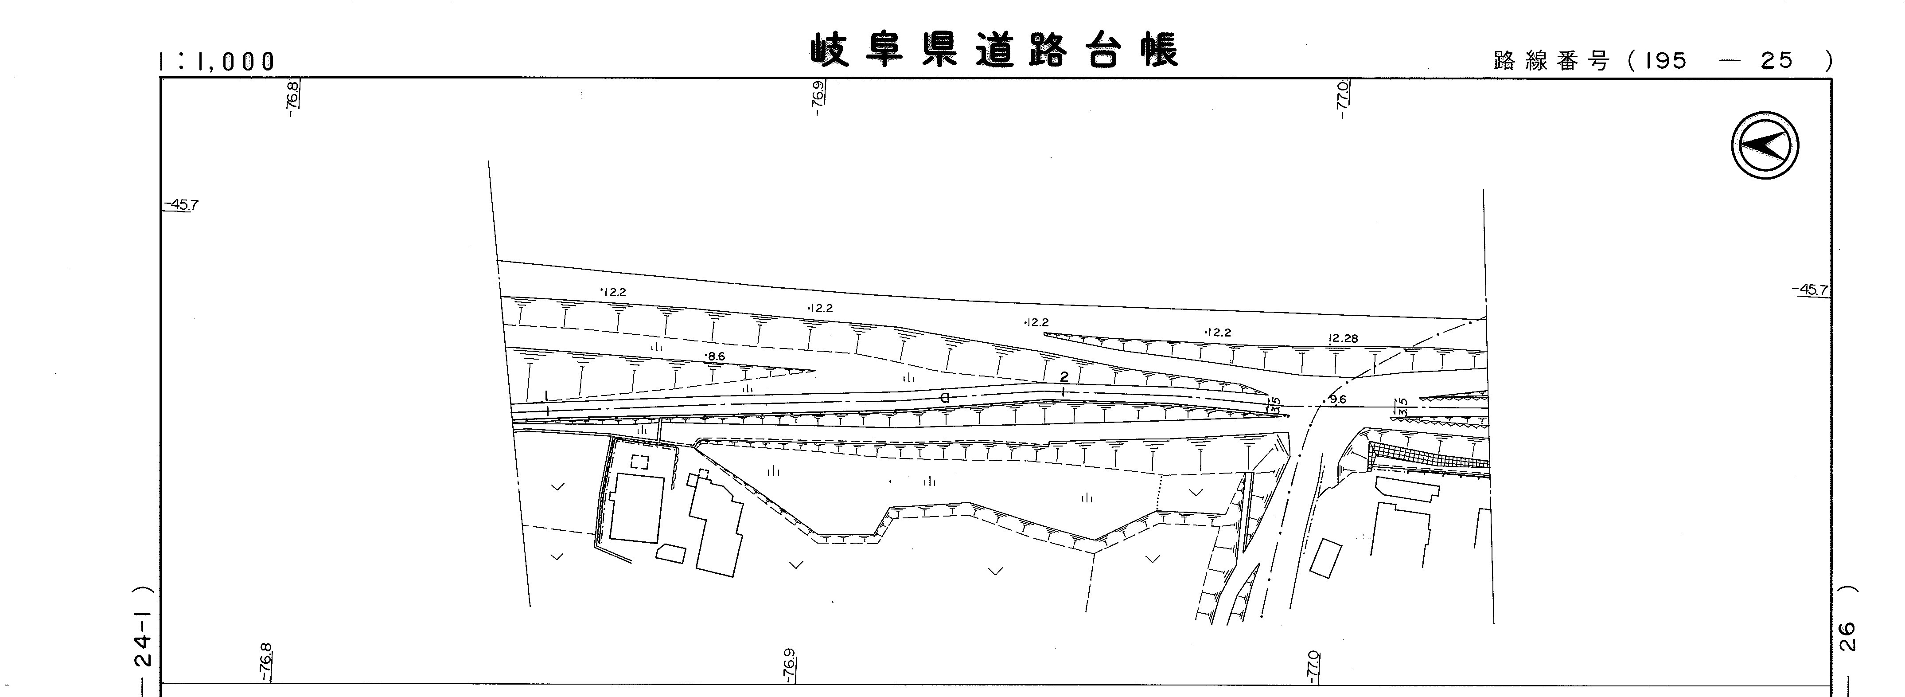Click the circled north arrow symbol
(1765, 145)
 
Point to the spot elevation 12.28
(1343, 339)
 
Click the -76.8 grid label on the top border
(293, 99)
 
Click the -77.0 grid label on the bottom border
(1313, 665)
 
